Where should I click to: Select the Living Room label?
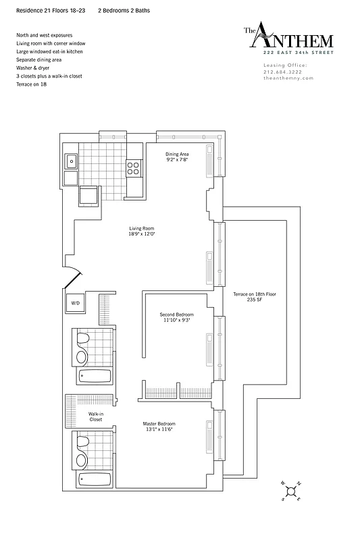(142, 229)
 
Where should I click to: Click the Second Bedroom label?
(176, 315)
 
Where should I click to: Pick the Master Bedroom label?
(159, 424)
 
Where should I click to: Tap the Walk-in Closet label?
(95, 416)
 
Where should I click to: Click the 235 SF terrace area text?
(255, 301)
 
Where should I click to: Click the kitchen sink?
(71, 161)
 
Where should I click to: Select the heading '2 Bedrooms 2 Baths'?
(124, 12)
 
